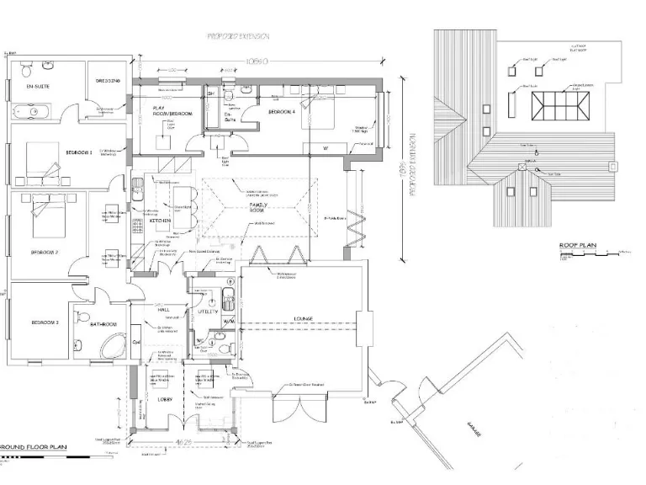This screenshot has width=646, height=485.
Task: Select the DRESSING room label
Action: pos(110,80)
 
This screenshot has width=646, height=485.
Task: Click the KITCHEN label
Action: pos(162,221)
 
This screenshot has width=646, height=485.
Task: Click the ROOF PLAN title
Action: pos(578,247)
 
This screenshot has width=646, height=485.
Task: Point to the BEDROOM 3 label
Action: pos(45,322)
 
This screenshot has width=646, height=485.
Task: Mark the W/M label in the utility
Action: pos(229,322)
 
